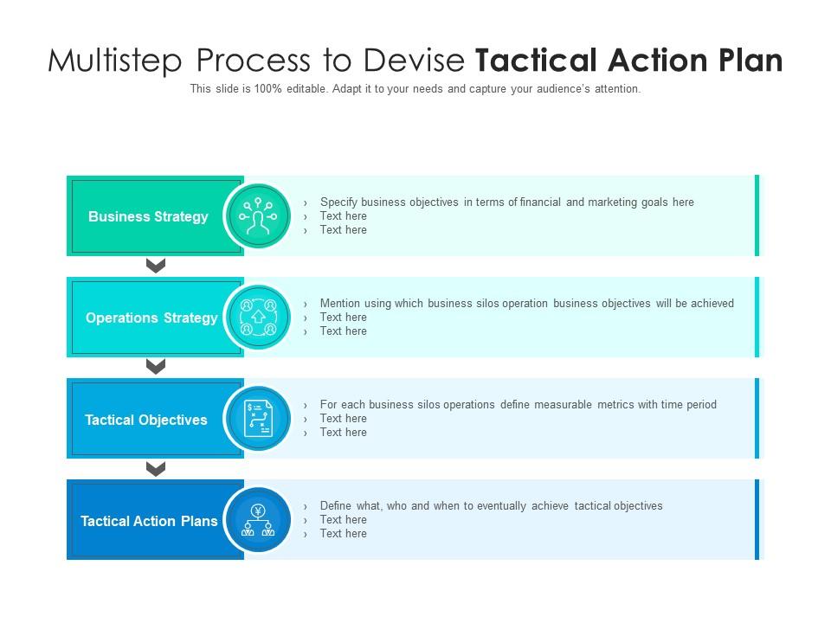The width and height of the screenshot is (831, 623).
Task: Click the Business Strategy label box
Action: point(149,216)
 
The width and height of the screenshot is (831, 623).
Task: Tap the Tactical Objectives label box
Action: point(146,420)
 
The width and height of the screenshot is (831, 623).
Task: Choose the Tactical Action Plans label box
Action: point(149,521)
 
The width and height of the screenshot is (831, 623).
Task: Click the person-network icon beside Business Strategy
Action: point(258,216)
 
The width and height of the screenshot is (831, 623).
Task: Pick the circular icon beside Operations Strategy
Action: point(258,318)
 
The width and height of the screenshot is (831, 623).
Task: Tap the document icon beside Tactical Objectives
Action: point(258,420)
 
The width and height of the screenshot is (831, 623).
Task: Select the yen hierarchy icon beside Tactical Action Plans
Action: point(258,521)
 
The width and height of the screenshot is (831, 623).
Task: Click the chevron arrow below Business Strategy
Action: point(156,266)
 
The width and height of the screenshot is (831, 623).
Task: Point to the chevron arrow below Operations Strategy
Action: point(156,367)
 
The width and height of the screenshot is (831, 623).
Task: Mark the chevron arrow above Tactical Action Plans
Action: point(156,469)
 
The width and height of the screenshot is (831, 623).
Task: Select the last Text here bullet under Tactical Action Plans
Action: point(343,534)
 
